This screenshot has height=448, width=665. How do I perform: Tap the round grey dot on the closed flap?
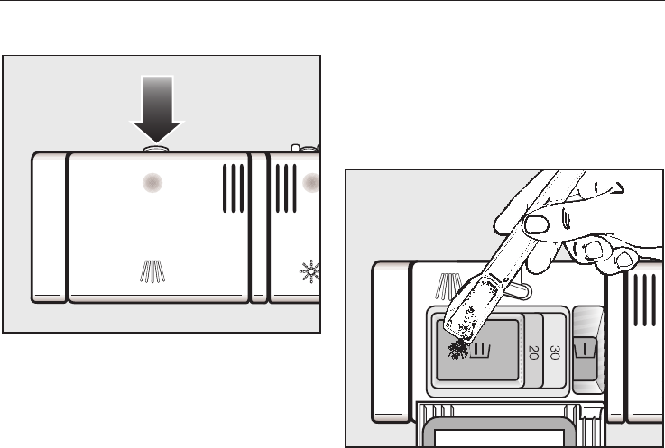(154, 183)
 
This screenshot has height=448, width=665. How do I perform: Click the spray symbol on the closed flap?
(152, 270)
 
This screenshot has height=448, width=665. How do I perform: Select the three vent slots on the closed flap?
(232, 187)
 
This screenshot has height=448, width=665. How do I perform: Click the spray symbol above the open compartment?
(448, 288)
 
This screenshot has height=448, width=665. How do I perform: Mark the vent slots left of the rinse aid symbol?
(285, 187)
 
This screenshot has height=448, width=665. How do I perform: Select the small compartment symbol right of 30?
(588, 347)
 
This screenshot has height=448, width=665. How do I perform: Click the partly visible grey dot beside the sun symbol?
(314, 183)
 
